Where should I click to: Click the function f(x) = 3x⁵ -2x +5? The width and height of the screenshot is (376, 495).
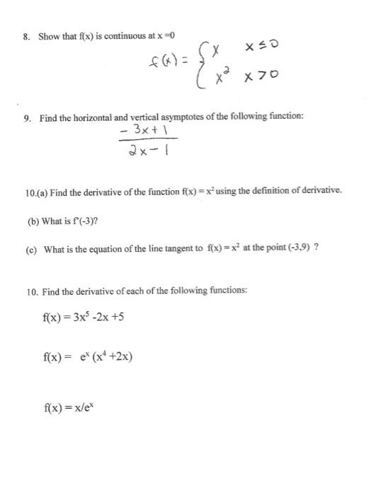(84, 317)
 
